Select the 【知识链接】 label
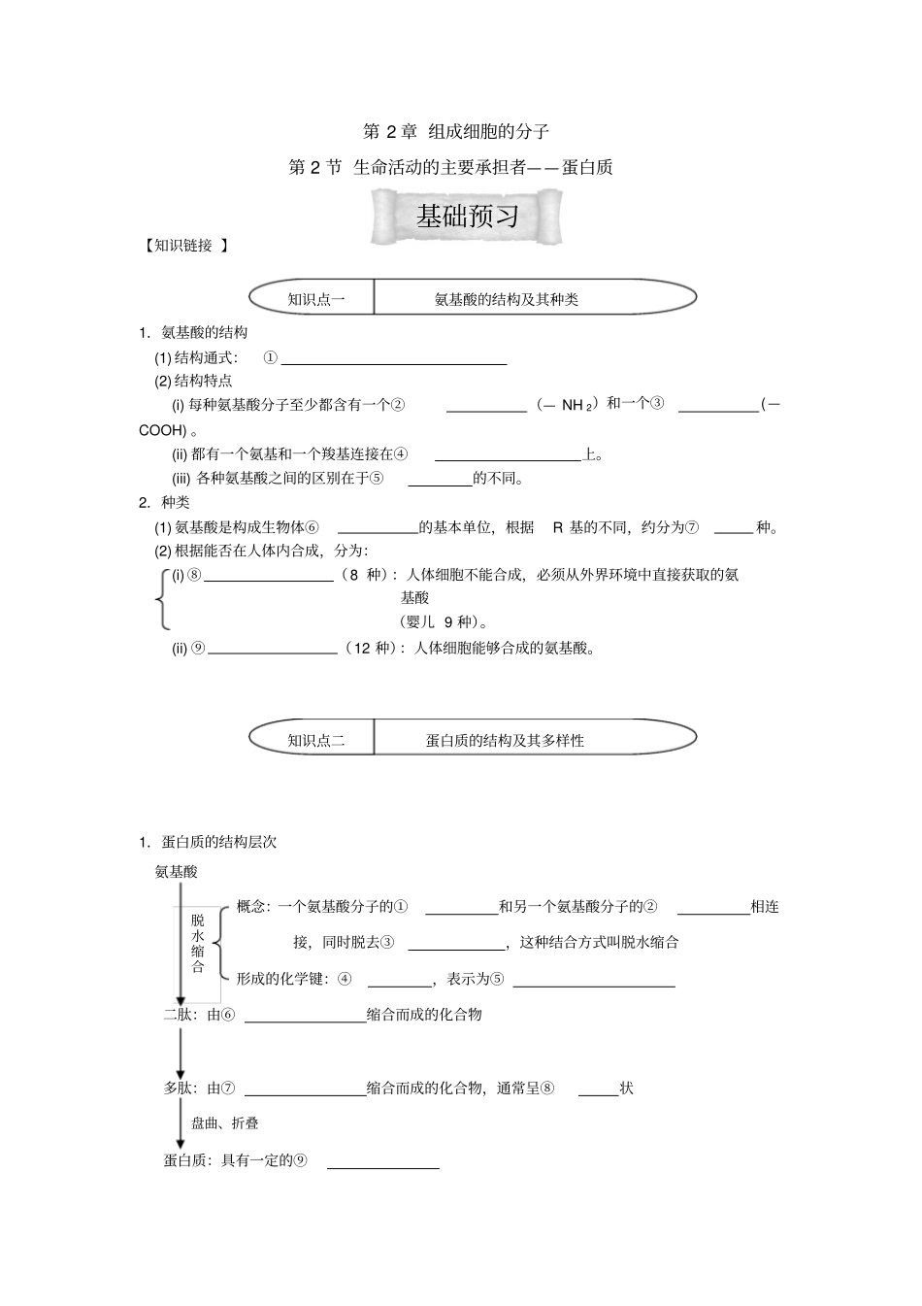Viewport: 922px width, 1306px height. click(184, 246)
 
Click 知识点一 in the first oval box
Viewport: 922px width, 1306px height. click(316, 299)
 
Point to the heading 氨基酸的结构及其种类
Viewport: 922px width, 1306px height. click(507, 299)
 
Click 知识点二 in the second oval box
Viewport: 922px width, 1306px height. click(316, 740)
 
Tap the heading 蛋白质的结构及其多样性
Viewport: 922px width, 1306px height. click(506, 740)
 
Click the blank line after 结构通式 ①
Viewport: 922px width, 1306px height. click(393, 362)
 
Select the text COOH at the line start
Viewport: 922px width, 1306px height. click(162, 429)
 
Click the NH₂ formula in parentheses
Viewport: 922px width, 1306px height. click(576, 406)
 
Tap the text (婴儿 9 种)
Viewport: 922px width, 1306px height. click(444, 621)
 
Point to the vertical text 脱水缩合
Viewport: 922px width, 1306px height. click(198, 942)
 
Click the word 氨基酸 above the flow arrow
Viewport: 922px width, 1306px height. click(177, 872)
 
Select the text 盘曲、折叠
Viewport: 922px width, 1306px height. click(225, 1122)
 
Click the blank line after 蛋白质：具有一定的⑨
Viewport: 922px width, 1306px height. click(383, 1165)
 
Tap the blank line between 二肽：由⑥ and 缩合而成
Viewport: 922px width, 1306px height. click(305, 1020)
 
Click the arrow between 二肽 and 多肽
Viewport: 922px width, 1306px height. click(181, 1052)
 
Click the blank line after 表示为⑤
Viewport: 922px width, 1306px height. click(594, 985)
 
